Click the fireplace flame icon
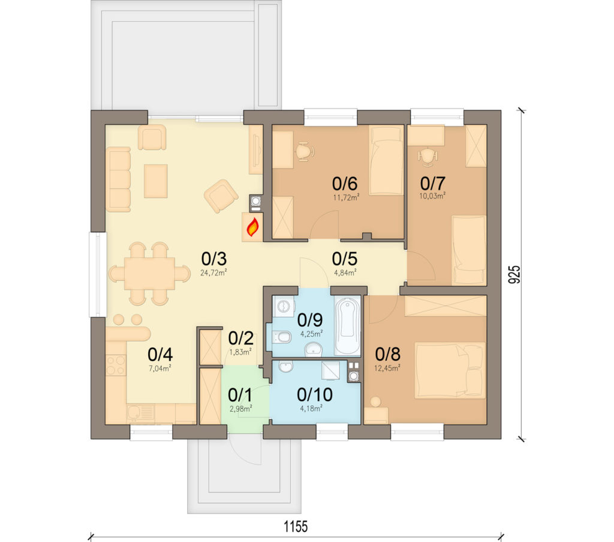coord(252,227)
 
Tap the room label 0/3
coord(214,259)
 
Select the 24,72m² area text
coord(214,273)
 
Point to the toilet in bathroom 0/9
coord(281,337)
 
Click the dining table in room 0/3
coord(149,274)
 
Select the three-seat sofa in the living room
coord(118,179)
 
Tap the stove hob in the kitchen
coord(116,366)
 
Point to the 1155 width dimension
coord(296,526)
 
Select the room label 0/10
coord(315,394)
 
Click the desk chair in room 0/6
coord(304,152)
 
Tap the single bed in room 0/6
coord(386,160)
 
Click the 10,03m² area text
coord(432,196)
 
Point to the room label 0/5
coord(345,259)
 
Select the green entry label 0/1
coord(240,396)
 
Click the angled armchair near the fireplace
coord(221,196)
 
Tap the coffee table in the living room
coord(156,181)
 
